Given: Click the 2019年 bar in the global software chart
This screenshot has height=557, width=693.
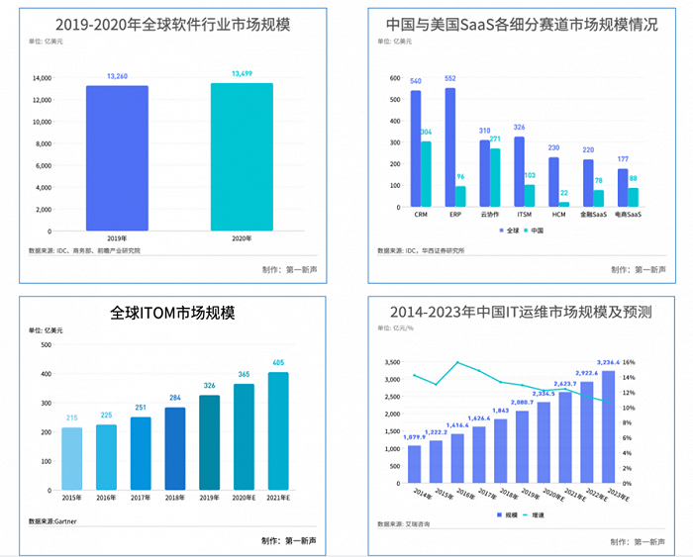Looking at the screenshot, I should [x=117, y=158].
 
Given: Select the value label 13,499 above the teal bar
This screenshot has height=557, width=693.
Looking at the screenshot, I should [x=242, y=73].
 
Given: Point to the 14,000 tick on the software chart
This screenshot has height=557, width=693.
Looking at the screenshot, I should [x=42, y=78].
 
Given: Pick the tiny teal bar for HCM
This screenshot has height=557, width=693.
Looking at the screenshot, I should [x=563, y=203].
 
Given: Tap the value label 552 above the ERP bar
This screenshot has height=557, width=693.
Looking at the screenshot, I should [x=449, y=78].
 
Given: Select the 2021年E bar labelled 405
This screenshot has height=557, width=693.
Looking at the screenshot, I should [x=277, y=430].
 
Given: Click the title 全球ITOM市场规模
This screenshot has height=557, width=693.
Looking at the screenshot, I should [x=173, y=314].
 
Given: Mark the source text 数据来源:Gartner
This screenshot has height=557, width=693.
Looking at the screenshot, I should [x=53, y=520].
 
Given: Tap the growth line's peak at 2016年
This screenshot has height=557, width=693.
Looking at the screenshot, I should [x=457, y=362].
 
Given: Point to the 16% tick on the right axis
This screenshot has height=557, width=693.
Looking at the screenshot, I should [x=656, y=362].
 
